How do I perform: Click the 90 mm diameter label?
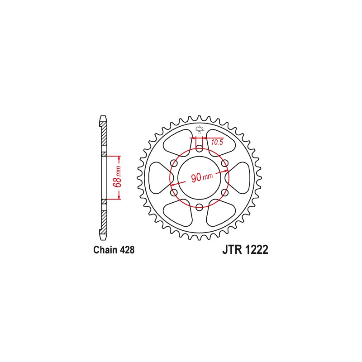(x=201, y=177)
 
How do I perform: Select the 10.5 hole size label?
(x=217, y=143)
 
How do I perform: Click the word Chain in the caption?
(x=104, y=250)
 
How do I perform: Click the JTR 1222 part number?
(x=245, y=250)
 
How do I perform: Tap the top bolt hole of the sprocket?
(x=199, y=148)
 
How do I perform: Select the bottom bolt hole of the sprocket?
(x=199, y=207)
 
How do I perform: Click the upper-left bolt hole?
(x=174, y=163)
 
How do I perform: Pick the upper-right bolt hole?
(x=224, y=163)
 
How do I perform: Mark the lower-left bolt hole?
(x=174, y=192)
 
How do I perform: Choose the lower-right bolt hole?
(x=224, y=192)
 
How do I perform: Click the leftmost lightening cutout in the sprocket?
(x=158, y=177)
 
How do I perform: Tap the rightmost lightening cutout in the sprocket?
(x=240, y=177)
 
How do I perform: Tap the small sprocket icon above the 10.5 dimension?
(x=199, y=129)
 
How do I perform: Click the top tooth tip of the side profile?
(x=104, y=119)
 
